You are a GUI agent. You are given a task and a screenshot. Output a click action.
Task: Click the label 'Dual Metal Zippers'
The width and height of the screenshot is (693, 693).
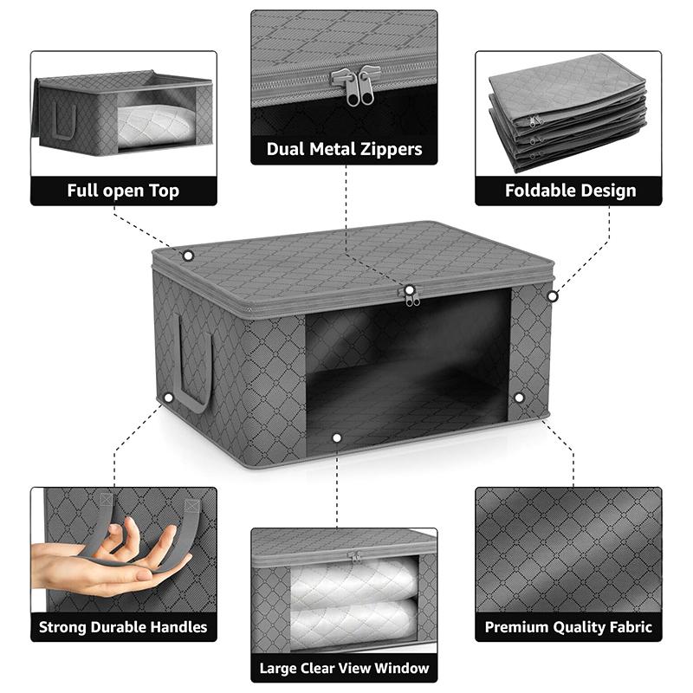tap(344, 149)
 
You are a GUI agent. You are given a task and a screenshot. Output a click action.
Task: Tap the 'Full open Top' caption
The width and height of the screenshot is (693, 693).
tap(123, 191)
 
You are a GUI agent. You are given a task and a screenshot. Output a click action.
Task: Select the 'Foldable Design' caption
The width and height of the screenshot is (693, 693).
tap(571, 191)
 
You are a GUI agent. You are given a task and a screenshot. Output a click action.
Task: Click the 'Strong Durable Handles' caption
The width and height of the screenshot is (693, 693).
tap(123, 626)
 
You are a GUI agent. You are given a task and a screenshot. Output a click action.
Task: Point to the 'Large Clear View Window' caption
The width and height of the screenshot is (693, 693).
tap(344, 668)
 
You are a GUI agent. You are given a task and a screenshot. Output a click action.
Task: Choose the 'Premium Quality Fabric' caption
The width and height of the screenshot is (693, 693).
tap(568, 626)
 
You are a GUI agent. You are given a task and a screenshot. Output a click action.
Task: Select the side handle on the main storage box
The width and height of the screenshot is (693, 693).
tap(194, 363)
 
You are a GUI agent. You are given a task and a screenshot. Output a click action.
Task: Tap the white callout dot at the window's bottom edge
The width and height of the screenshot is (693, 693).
tap(337, 438)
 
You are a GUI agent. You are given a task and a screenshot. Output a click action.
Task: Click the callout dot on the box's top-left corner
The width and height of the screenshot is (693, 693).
tap(188, 256)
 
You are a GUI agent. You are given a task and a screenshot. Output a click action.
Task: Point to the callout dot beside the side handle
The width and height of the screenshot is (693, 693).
tap(168, 398)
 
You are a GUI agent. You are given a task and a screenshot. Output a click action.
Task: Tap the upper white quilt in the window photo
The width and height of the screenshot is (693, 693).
tap(353, 578)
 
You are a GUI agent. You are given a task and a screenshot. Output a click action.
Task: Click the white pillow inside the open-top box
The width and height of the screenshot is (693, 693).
tap(157, 126)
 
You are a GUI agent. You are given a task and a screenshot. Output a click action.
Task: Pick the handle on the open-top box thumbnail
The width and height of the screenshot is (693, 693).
tap(65, 120)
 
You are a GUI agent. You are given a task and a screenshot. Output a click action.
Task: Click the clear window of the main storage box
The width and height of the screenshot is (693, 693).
tap(407, 371)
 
